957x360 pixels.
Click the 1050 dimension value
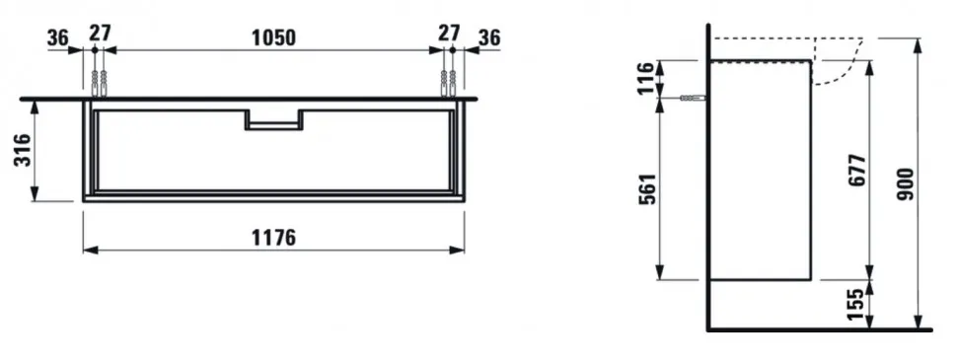point(273,37)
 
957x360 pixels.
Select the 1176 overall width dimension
point(273,238)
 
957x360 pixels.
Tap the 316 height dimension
point(22,150)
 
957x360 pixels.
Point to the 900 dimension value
point(907,184)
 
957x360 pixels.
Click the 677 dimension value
point(857,171)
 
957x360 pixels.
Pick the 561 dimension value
point(647,188)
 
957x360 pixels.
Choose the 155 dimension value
point(857,304)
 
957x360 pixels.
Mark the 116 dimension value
point(646,78)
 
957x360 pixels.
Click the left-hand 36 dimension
point(58,37)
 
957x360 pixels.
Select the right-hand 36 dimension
point(489,37)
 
